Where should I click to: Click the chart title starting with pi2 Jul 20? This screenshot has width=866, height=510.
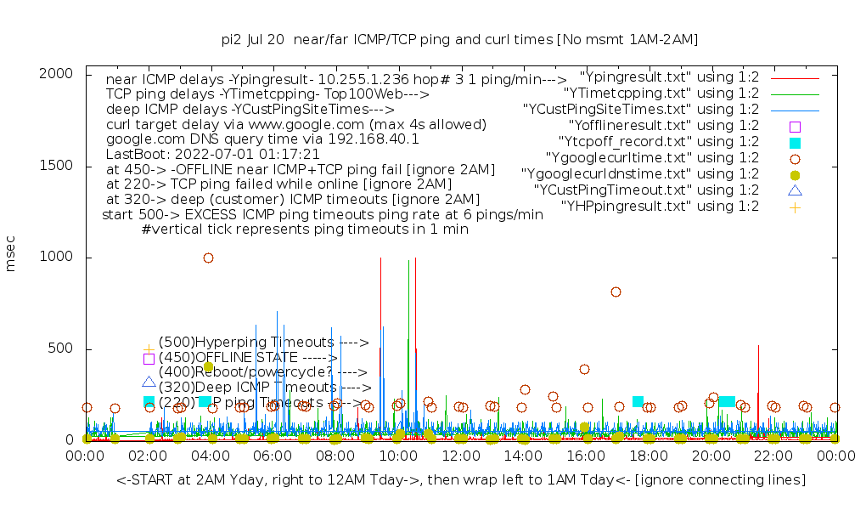point(459,39)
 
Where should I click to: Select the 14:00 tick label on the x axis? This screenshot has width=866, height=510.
point(522,456)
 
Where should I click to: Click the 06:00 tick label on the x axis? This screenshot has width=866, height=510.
point(273,456)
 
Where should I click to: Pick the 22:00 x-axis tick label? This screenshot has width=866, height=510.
point(773,456)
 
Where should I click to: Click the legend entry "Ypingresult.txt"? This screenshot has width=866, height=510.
point(670,76)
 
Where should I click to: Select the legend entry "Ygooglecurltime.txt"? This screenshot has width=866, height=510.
point(653,157)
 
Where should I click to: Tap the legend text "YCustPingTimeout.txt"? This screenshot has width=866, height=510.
point(646,190)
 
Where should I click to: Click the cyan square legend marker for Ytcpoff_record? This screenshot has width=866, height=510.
point(795,142)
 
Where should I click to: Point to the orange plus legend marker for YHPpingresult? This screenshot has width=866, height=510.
point(795,207)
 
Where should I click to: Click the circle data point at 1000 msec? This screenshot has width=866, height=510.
point(208,258)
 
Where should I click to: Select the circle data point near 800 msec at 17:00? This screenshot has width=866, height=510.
point(616,292)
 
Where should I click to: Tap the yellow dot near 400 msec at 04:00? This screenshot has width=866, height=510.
point(208,366)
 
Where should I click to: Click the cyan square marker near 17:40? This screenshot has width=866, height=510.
point(638,401)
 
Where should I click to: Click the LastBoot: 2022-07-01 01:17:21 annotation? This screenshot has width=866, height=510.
point(212,155)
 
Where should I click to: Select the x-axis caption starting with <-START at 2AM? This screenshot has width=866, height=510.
point(461,480)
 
